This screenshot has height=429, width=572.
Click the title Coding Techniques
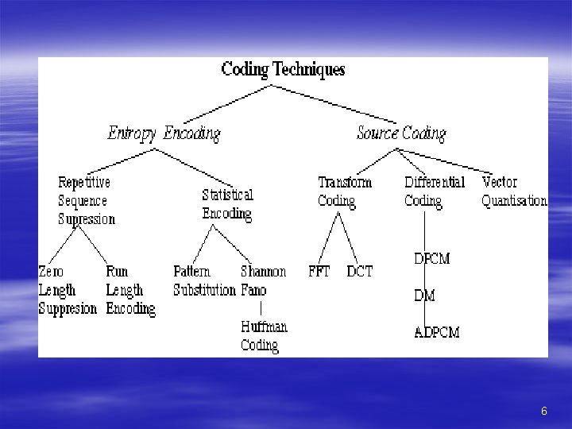(x=283, y=69)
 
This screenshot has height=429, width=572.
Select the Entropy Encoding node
(x=164, y=133)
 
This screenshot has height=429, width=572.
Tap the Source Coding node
(x=401, y=133)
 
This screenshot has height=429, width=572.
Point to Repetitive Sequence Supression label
(x=86, y=201)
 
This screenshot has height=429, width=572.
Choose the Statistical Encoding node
(x=227, y=203)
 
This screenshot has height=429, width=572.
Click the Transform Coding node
(x=344, y=191)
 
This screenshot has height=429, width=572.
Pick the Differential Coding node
(x=434, y=191)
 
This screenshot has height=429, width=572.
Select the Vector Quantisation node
(x=514, y=191)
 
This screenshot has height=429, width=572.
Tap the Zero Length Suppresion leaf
(x=68, y=290)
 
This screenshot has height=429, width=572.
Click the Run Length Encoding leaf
(x=129, y=290)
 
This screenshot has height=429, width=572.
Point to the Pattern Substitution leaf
(x=204, y=281)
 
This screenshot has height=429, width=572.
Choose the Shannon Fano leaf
(x=263, y=281)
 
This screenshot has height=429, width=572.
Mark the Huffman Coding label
(x=264, y=336)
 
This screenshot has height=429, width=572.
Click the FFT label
(x=319, y=272)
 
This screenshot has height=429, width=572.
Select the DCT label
(x=359, y=272)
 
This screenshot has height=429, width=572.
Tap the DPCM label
(x=432, y=259)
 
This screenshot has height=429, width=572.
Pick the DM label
(x=424, y=296)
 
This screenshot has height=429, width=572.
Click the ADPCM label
(x=437, y=332)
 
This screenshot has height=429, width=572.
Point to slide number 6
(x=543, y=411)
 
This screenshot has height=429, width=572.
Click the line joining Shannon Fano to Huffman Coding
(x=262, y=307)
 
